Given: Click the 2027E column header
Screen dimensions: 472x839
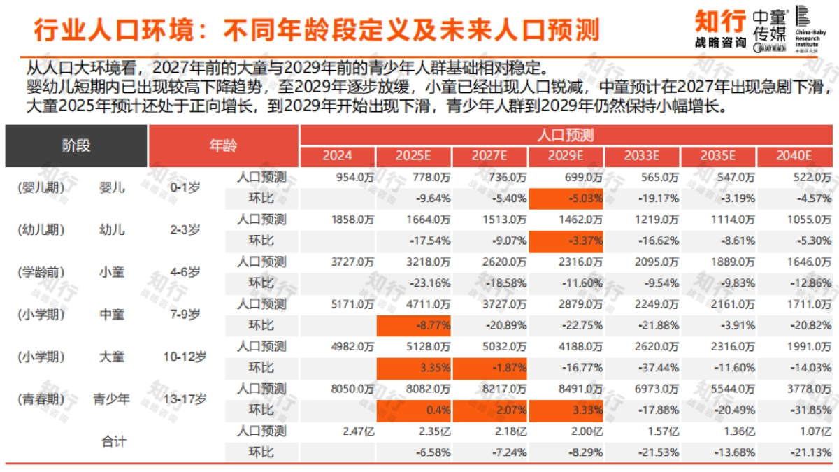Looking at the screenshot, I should click(x=490, y=156).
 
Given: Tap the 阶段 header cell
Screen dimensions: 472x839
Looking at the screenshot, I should click(x=76, y=145).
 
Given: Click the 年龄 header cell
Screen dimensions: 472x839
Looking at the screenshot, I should click(x=223, y=145).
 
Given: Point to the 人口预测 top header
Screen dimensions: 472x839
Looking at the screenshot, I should click(x=566, y=135).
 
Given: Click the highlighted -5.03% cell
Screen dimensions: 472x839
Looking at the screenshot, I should click(x=566, y=199).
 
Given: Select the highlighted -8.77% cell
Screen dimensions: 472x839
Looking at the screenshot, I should click(x=414, y=325).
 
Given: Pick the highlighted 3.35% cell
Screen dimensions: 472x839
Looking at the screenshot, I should click(x=414, y=368).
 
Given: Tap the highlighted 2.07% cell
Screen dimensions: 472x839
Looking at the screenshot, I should click(x=490, y=410).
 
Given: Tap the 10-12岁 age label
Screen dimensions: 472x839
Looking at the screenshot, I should click(x=185, y=357).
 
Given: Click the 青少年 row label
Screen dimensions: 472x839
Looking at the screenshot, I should click(x=112, y=399).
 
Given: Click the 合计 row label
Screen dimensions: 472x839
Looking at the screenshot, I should click(x=112, y=442).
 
